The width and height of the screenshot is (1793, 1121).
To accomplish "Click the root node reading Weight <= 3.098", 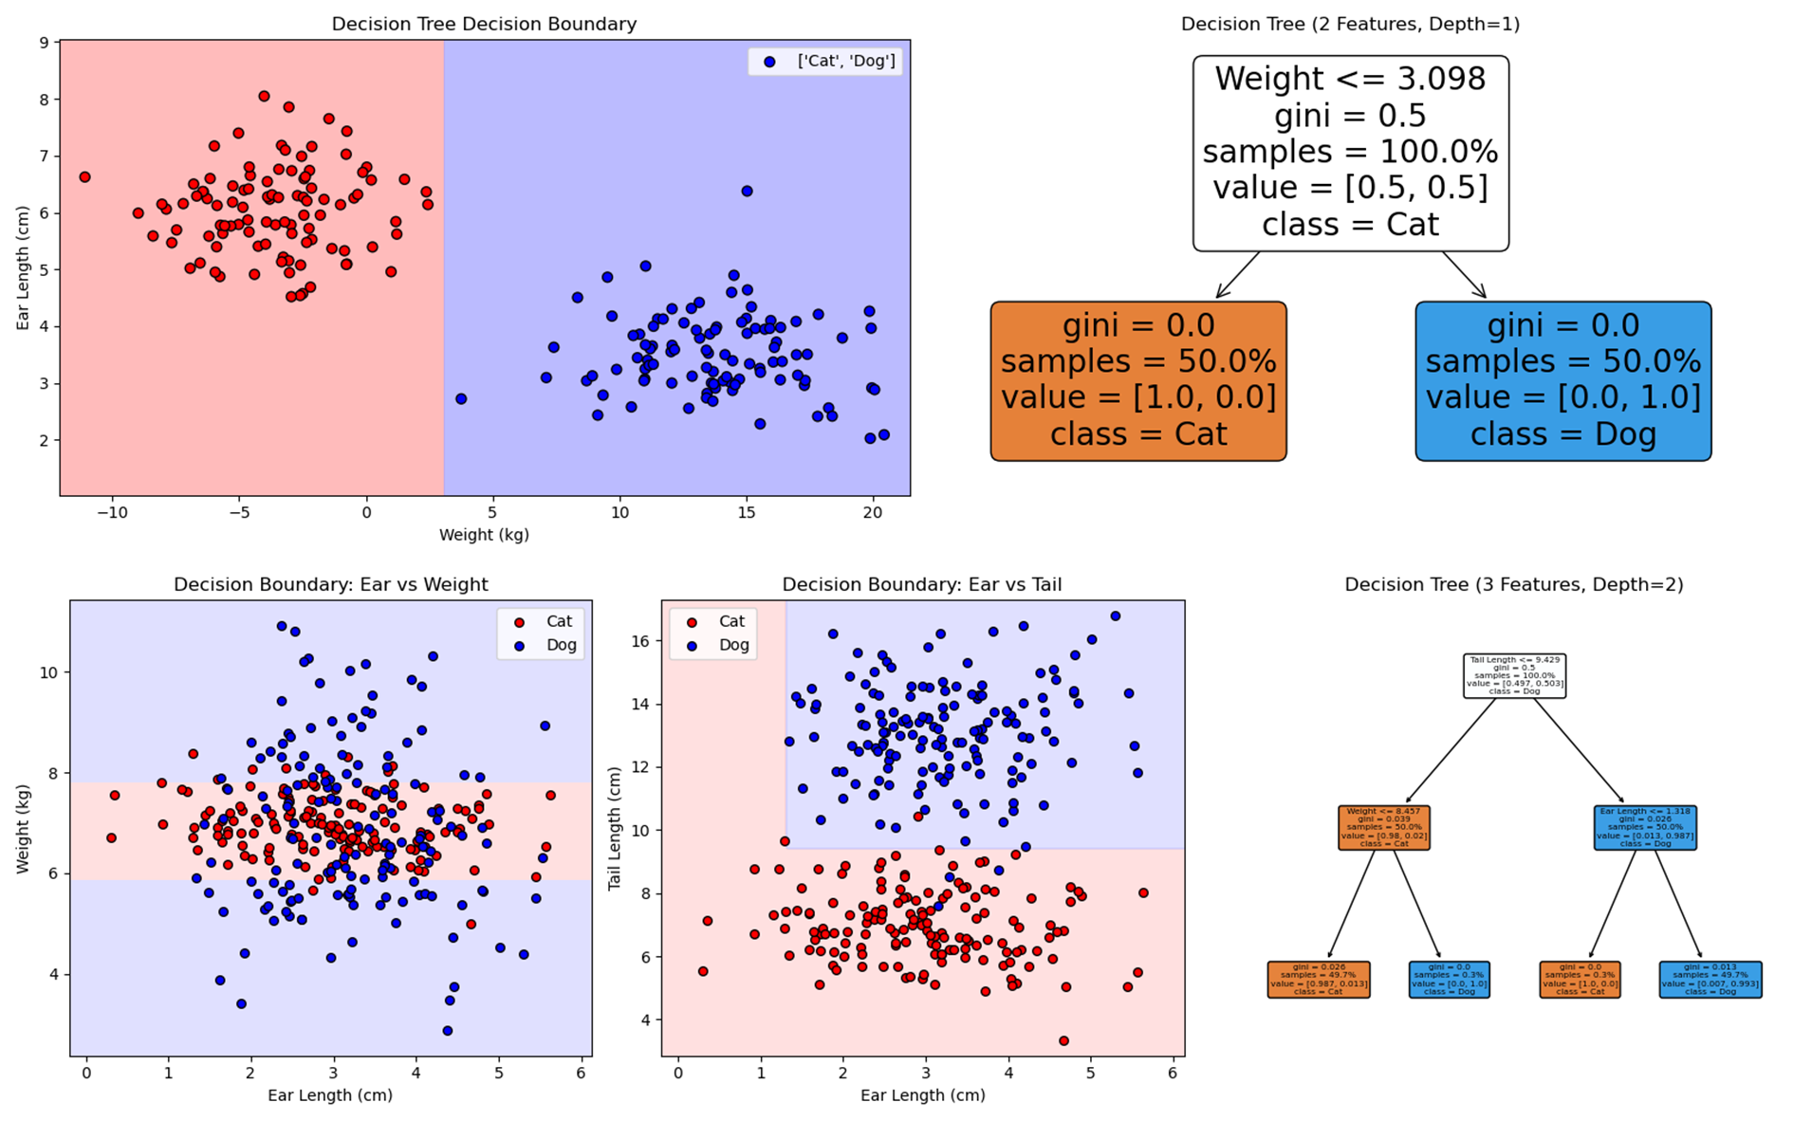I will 1350,153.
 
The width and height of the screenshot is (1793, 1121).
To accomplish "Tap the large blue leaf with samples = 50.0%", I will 1562,380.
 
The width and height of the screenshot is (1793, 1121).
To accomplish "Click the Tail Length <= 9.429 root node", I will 1514,675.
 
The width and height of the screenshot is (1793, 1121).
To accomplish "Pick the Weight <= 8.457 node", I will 1383,827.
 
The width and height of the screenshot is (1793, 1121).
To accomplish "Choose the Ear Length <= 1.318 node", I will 1645,827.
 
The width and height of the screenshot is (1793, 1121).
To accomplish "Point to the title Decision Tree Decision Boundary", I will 484,25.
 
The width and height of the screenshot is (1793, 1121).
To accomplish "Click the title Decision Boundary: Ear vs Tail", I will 921,585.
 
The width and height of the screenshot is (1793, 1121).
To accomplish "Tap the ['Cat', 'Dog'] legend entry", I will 845,62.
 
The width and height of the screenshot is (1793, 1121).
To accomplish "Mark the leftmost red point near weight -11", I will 84,177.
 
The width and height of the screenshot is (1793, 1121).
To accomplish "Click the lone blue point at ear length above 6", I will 747,192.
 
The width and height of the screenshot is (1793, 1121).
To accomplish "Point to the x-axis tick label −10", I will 112,513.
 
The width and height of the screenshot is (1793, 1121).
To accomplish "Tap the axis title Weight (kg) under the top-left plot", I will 484,535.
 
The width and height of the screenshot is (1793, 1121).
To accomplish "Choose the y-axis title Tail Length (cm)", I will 615,827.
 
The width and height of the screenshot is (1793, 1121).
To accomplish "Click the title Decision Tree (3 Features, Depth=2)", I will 1513,585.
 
